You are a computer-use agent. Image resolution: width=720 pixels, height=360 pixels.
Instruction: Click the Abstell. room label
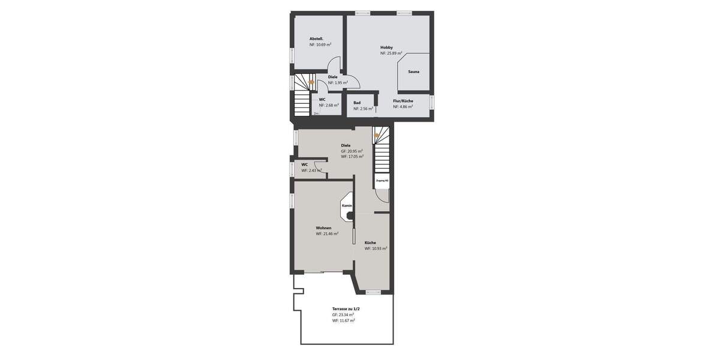click(316, 38)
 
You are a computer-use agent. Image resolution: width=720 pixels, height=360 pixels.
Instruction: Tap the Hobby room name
click(386, 47)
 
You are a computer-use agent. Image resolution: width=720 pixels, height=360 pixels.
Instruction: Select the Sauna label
click(414, 71)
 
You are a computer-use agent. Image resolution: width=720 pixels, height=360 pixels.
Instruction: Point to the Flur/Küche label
click(403, 101)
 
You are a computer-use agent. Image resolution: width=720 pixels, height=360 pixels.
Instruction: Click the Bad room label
click(357, 103)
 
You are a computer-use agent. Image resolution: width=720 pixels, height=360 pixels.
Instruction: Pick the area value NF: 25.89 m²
click(391, 53)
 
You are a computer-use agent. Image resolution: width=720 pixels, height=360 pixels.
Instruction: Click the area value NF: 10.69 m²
click(320, 44)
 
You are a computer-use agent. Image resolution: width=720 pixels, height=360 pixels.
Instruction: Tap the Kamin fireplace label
click(347, 205)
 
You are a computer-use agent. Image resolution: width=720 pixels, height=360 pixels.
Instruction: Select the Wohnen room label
click(323, 228)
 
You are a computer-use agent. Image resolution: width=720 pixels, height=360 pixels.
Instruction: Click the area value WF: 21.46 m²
click(327, 234)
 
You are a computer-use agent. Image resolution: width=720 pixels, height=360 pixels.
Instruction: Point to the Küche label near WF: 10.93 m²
click(370, 242)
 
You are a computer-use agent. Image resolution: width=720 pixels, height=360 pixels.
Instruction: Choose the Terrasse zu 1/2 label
click(346, 308)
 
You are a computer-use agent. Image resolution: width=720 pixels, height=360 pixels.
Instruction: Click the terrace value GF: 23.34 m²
click(343, 314)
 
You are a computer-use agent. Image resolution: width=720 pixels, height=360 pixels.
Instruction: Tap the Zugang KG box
click(382, 180)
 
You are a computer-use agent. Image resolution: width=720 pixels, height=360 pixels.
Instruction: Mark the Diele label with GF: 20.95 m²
click(346, 145)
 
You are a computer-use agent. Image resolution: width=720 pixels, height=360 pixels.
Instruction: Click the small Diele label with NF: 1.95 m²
click(332, 77)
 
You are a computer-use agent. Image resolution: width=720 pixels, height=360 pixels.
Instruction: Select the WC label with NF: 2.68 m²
click(322, 99)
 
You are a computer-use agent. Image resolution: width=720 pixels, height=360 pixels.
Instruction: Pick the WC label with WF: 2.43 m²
click(305, 164)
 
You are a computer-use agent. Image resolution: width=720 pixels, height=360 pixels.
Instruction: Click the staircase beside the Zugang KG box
click(382, 153)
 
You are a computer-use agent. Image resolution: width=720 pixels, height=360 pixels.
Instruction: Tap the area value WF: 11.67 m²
click(344, 320)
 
